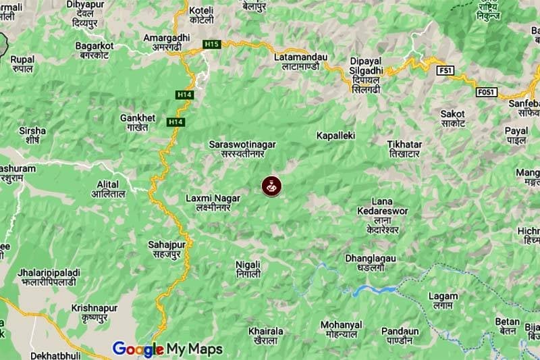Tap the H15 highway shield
point(212,45)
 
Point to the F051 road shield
point(485,91)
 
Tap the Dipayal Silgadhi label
point(367,75)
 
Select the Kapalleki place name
point(335,136)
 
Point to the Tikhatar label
point(405,149)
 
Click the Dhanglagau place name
point(371,263)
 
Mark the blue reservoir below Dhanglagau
point(375,290)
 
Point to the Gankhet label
point(138,122)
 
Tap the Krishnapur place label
point(94,312)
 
